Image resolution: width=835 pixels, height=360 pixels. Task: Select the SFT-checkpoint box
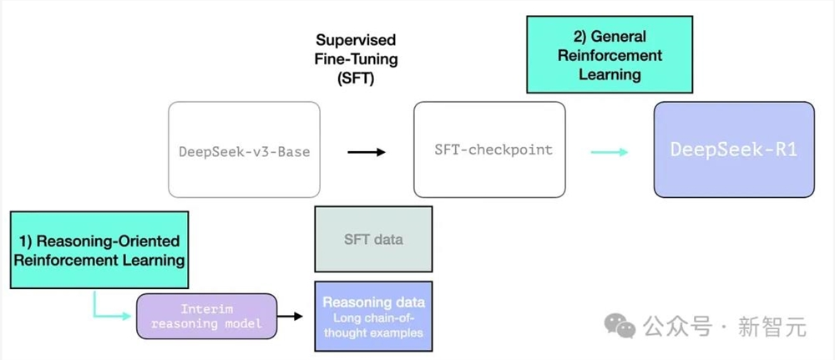coord(489,150)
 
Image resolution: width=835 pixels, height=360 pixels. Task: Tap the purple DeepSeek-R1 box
coord(733,150)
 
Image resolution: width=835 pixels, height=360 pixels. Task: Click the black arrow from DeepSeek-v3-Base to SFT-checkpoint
coord(366,151)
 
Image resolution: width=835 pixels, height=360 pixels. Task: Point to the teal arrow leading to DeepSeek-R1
coord(610,151)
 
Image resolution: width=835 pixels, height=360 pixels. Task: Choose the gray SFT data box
coord(373,239)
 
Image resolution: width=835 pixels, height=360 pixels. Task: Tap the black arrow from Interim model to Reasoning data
coord(292,317)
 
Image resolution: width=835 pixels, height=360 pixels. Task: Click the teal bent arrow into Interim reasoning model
coord(104,309)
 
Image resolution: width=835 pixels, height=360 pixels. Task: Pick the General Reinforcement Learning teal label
coord(610,55)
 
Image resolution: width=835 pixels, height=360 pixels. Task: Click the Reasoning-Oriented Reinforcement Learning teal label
coord(99,250)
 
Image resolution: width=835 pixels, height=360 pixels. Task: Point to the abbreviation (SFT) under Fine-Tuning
coord(356,79)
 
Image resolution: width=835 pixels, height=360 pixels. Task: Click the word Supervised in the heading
coord(356,40)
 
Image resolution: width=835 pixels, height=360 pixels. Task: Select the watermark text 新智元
coord(772,327)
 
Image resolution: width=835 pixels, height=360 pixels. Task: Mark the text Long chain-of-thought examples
coord(373,325)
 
